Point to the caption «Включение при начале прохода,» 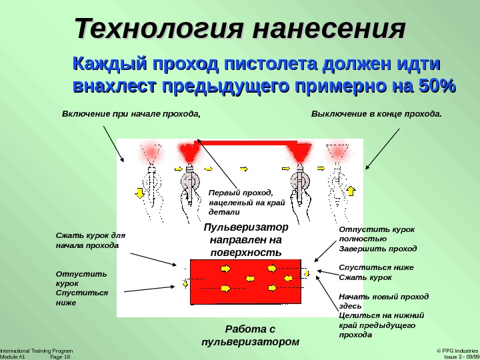[131, 113]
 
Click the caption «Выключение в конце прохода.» [377, 113]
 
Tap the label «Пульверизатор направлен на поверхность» [246, 239]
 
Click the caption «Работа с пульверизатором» [250, 335]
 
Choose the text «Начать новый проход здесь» [383, 301]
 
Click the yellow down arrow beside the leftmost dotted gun [139, 193]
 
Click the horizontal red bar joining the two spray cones [246, 142]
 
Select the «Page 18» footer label [60, 357]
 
